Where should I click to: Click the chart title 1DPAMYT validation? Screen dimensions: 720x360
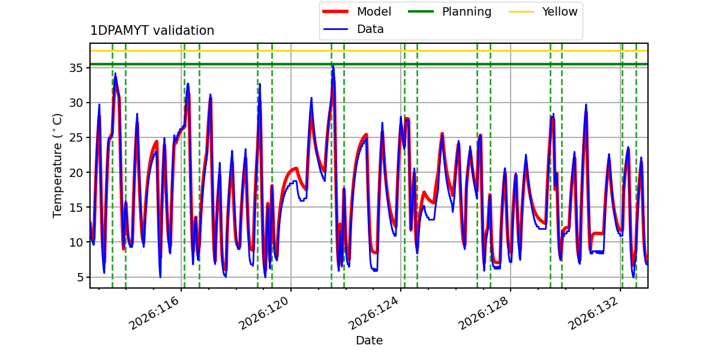point(152,31)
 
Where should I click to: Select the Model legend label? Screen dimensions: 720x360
point(374,11)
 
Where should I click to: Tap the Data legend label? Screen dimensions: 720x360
point(370,29)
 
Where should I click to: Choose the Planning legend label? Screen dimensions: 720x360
point(467,11)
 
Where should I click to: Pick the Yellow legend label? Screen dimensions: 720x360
point(560,11)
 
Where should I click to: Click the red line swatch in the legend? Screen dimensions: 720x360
point(335,11)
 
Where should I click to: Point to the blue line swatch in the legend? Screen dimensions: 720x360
point(335,29)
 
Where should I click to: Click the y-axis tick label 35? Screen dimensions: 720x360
point(76,68)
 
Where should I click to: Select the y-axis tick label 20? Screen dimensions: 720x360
point(76,173)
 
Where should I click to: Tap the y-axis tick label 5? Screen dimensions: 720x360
point(80,277)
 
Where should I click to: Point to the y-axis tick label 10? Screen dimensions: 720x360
point(76,242)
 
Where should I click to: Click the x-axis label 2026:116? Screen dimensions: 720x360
point(154,313)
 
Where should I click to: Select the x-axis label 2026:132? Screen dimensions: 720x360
point(593,313)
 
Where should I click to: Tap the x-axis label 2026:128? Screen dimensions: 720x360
point(483,313)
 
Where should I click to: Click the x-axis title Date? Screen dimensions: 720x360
point(369,340)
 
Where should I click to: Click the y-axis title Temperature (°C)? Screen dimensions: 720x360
point(57,166)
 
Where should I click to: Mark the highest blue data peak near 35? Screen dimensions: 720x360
point(334,66)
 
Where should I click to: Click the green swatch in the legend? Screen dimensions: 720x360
point(421,11)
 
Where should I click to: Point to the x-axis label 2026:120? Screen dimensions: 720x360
point(263,313)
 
